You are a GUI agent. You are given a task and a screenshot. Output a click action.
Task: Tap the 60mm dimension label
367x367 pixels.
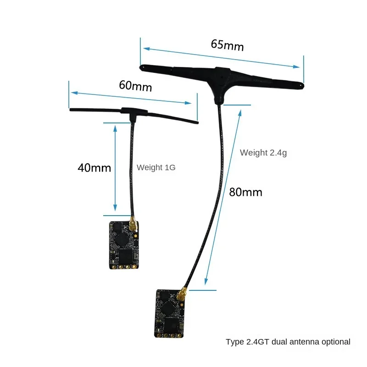[135, 85]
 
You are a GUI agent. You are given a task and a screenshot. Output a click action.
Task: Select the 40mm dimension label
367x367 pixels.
[94, 167]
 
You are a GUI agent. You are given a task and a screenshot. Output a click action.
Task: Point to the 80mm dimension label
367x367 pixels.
[245, 192]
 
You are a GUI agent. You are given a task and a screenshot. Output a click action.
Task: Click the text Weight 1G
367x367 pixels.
[156, 167]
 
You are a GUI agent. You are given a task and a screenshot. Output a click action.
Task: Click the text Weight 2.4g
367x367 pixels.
[263, 153]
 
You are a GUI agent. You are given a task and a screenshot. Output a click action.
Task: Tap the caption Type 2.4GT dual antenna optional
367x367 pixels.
[288, 342]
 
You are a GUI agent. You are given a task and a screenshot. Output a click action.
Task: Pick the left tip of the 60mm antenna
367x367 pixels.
[71, 110]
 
